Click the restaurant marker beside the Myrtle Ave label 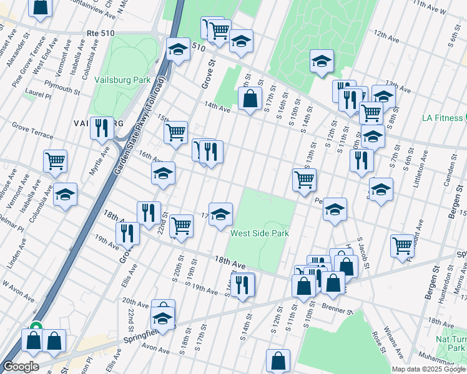(x=101, y=128)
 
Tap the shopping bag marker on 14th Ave (x=250, y=98)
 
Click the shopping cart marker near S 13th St (x=304, y=180)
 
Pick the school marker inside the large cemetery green (x=322, y=60)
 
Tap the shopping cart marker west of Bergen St (x=402, y=244)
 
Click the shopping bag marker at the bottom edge (x=278, y=360)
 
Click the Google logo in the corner (x=20, y=367)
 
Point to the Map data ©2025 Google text (x=427, y=369)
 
